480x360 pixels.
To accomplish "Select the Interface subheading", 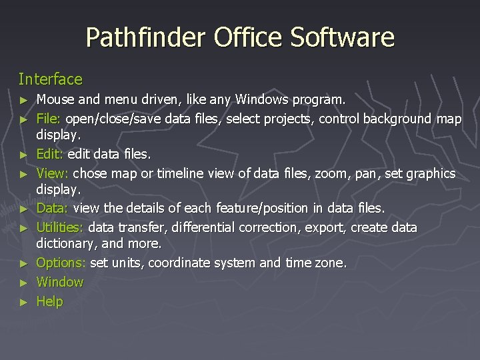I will click(x=51, y=79).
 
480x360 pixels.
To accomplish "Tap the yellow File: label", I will click(x=49, y=119).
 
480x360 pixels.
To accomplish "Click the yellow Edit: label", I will click(x=49, y=155).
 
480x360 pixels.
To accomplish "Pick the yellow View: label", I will click(x=52, y=173).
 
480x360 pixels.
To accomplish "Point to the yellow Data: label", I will click(x=53, y=209).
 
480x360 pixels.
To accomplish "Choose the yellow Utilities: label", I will click(x=60, y=227).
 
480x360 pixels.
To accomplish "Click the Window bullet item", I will click(x=60, y=282).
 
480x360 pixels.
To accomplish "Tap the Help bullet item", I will click(x=49, y=301).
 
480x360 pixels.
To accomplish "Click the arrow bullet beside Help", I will click(x=25, y=302).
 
